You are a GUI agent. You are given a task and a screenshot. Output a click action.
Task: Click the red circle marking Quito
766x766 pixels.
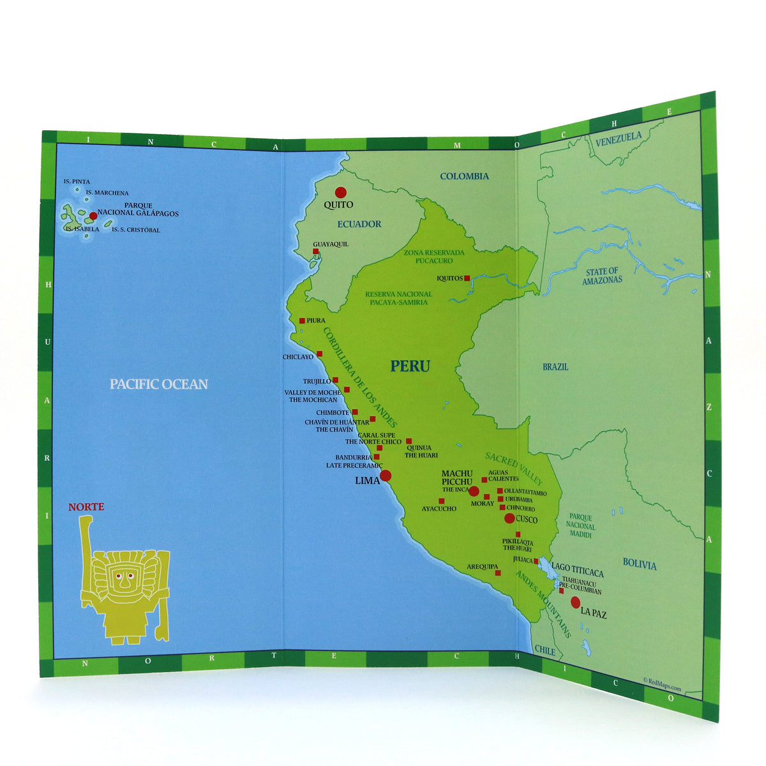coord(340,192)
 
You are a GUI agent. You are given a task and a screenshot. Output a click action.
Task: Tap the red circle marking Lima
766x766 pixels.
coord(386,476)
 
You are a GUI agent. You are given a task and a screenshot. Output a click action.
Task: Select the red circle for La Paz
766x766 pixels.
coord(575,601)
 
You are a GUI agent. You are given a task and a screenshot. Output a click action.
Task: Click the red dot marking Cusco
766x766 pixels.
coord(509,518)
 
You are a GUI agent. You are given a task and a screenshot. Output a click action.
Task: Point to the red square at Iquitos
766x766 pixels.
coord(467,278)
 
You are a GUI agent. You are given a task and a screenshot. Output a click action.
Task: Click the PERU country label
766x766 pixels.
coord(410,366)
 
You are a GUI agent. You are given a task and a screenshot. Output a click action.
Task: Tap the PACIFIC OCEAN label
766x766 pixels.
coord(158,384)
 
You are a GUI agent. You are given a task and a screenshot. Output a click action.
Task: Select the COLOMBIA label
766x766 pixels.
coord(464,176)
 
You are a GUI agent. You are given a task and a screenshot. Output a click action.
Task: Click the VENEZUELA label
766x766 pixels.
coord(618,139)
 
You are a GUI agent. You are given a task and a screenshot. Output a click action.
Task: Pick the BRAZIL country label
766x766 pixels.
coord(555,367)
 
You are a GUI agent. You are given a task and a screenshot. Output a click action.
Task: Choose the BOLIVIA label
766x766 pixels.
coord(639,564)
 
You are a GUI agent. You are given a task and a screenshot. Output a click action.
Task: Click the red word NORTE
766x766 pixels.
coord(86,507)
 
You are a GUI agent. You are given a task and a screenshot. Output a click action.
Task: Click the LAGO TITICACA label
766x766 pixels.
coord(577,574)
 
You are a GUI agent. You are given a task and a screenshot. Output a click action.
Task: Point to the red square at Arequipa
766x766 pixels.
coord(498,573)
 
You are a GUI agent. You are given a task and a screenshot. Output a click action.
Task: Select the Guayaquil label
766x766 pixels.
coord(331,244)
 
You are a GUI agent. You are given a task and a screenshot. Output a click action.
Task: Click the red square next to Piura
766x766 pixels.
coord(302,320)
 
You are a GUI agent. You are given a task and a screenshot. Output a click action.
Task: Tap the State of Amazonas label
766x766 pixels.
coord(602,276)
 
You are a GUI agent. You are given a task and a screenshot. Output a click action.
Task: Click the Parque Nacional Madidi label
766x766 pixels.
coord(580,526)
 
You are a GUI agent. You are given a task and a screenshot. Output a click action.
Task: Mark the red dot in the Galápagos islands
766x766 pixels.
coord(93,216)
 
